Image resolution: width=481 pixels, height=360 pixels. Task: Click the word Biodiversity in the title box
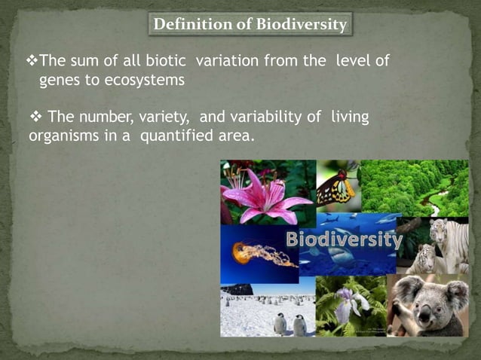click(302, 25)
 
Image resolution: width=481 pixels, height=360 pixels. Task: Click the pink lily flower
click(264, 197)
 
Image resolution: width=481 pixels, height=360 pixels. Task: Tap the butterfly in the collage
click(335, 188)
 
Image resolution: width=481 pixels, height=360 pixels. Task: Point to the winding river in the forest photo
click(434, 202)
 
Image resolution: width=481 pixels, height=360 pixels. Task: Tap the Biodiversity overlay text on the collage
click(344, 240)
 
